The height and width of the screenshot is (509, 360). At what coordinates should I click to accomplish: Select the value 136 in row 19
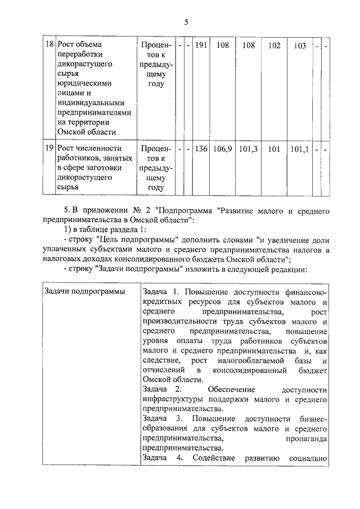pyautogui.click(x=200, y=149)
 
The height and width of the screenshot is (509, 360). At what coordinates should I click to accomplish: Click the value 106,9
pyautogui.click(x=222, y=149)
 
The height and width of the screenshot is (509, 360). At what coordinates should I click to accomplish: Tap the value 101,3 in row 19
pyautogui.click(x=248, y=149)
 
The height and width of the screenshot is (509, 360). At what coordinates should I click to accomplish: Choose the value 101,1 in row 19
pyautogui.click(x=300, y=149)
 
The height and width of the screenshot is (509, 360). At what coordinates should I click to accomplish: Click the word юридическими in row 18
pyautogui.click(x=84, y=83)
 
